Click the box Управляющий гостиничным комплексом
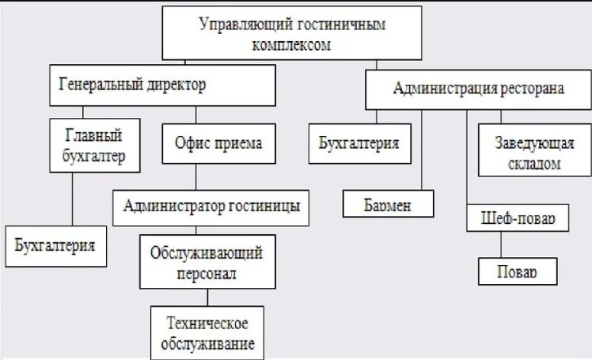click(292, 33)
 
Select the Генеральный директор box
click(162, 85)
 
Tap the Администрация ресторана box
click(478, 89)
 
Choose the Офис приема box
click(218, 145)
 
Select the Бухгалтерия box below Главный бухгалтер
click(55, 246)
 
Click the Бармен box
click(389, 203)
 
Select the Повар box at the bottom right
click(517, 271)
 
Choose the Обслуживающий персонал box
click(208, 262)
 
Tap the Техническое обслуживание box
click(208, 333)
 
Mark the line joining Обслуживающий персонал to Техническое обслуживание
click(208, 297)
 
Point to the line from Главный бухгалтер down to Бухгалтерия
click(73, 199)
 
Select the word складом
click(529, 165)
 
